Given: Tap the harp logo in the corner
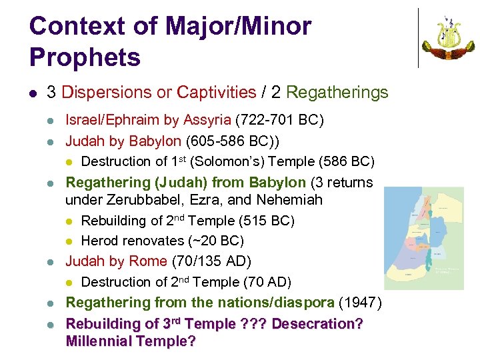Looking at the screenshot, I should point(448,38).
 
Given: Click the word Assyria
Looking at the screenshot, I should point(206,121).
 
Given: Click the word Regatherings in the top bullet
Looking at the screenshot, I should point(337,93).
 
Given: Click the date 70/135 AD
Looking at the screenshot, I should point(211,261).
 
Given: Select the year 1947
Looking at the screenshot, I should point(360,303).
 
